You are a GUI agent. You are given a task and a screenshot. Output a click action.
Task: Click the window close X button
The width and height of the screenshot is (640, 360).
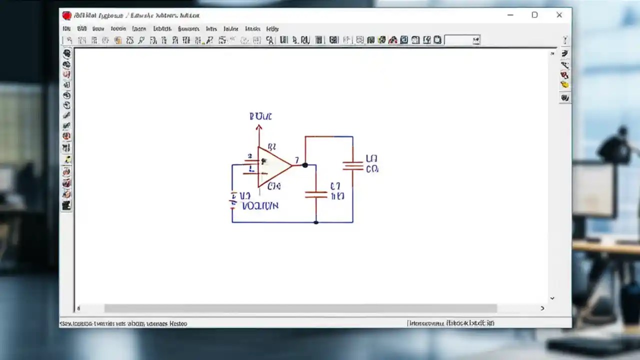pos(559,15)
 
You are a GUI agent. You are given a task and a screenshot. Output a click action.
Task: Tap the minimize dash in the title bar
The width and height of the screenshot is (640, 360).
pos(510,15)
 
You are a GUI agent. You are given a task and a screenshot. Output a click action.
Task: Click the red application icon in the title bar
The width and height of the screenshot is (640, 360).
pos(66,15)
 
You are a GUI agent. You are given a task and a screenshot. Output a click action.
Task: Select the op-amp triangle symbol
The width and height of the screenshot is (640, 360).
pos(273,167)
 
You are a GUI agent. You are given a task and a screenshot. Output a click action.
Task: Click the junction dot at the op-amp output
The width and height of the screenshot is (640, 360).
pos(305,165)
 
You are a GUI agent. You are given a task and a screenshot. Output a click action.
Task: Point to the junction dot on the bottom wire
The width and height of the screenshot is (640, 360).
pos(316,222)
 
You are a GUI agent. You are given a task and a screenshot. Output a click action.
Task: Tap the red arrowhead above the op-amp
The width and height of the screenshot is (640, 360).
pos(258,128)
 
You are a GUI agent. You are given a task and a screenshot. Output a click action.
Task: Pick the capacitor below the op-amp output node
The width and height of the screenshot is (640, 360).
pos(316,194)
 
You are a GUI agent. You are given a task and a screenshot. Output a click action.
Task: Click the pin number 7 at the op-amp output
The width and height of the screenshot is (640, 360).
pos(296,160)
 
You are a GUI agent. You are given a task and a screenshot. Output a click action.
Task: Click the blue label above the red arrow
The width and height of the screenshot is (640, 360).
pos(260,116)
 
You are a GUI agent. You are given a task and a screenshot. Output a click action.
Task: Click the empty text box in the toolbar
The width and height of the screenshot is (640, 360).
pos(461,40)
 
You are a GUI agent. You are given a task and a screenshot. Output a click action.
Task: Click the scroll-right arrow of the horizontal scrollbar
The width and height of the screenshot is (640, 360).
pos(542,308)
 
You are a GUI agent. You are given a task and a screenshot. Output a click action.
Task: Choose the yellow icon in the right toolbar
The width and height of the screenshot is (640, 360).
pos(564,85)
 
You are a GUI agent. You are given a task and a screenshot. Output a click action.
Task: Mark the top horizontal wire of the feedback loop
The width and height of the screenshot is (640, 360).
pos(328,136)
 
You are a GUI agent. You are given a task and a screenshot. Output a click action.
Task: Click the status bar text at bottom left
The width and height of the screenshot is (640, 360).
pos(123,323)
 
